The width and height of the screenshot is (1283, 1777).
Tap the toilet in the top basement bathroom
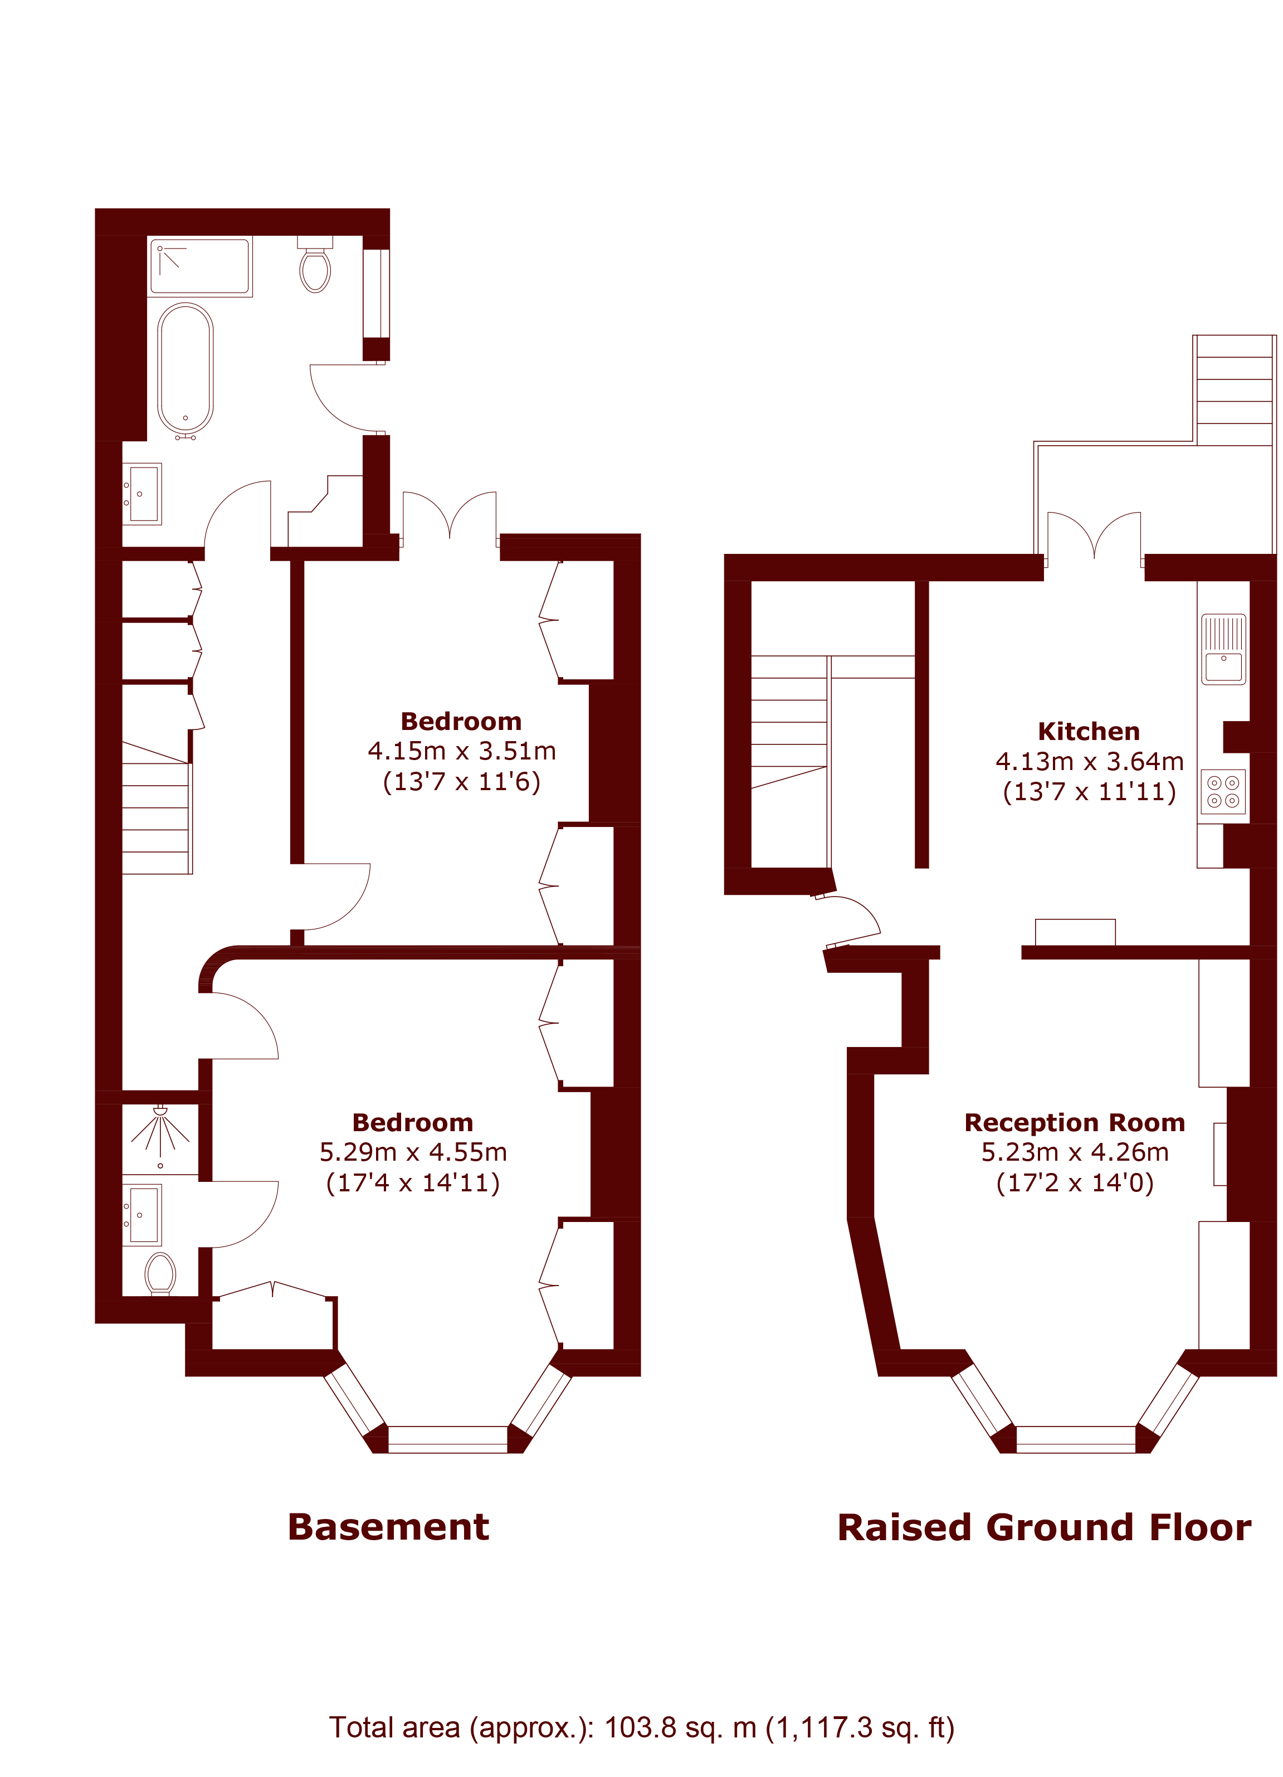(x=315, y=265)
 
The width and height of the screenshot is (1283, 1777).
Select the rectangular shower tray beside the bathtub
(x=200, y=266)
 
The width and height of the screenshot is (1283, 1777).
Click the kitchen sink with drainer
(x=1223, y=649)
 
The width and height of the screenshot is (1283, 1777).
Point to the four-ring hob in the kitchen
(x=1223, y=791)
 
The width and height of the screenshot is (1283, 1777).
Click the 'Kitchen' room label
(x=1088, y=731)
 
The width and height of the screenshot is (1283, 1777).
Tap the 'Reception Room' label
(x=1074, y=1122)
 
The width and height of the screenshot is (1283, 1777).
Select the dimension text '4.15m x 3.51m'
(x=461, y=751)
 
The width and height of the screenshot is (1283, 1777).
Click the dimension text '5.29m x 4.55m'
(x=413, y=1152)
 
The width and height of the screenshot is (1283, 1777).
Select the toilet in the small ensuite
(x=160, y=1273)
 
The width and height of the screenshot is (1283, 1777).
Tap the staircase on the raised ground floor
(x=789, y=722)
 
